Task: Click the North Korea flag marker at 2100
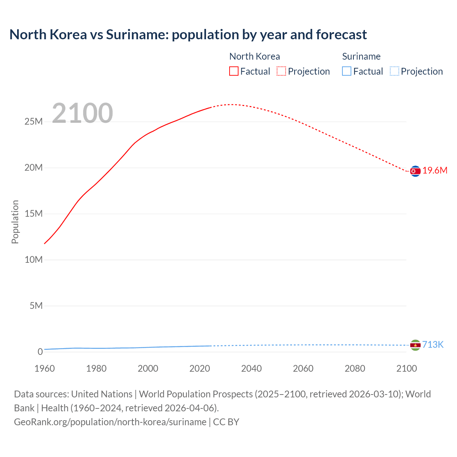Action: point(415,171)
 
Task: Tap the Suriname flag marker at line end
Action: point(415,345)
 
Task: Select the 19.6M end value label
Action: point(435,171)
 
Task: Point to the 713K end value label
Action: point(433,345)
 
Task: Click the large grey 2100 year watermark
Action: point(82,113)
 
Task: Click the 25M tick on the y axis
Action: point(34,122)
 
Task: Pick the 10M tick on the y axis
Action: point(34,260)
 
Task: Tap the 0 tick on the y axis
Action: point(40,352)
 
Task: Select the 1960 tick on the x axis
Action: point(45,368)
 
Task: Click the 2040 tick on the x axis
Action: point(251,368)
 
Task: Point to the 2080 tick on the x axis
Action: point(355,368)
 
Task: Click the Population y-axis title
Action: point(15,222)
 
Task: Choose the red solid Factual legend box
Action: point(233,71)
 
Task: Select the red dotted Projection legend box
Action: point(281,71)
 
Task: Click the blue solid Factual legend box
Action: point(346,71)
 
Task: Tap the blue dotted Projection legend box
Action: point(394,71)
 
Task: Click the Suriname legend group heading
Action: point(361,56)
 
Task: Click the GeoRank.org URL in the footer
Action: point(110,422)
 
